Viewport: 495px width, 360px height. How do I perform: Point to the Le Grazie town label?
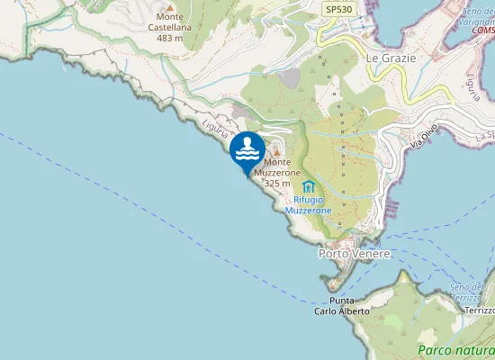coord(391,58)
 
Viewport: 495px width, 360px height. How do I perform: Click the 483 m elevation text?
coord(170,39)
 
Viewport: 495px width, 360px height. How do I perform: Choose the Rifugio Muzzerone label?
coord(308,205)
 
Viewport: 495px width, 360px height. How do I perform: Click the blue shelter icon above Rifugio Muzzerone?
coord(309,186)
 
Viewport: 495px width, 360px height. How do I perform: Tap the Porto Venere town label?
coord(355,254)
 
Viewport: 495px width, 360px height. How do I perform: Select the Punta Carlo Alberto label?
coord(341,305)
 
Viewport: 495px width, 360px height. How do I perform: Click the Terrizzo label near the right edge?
coord(478,310)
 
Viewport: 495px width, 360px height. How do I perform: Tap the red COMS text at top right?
coord(483,30)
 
